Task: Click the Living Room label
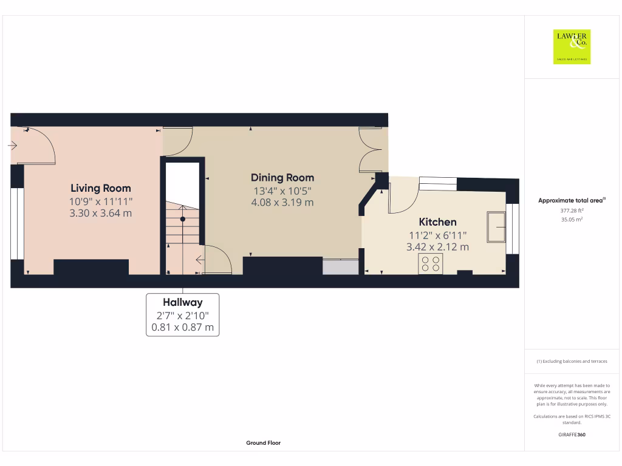[100, 188]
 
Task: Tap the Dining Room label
[282, 178]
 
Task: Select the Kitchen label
[437, 222]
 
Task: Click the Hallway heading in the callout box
[182, 302]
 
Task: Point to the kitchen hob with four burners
[431, 263]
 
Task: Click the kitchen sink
[497, 226]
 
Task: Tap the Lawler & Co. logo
[572, 47]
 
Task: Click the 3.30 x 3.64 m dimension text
[100, 214]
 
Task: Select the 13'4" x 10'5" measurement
[282, 191]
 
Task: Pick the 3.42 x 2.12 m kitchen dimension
[437, 247]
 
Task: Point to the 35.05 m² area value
[572, 220]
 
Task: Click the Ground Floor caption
[263, 443]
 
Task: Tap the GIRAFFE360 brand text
[572, 434]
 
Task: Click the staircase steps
[182, 225]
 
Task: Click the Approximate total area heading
[572, 200]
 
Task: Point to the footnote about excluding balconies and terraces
[572, 361]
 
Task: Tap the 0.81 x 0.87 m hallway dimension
[182, 327]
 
